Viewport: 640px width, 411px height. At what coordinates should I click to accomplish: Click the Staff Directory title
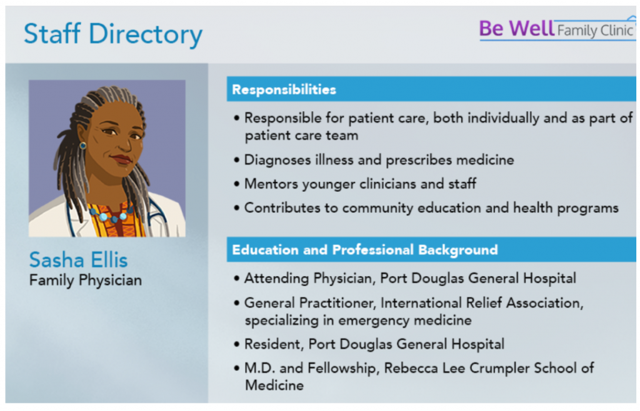[113, 34]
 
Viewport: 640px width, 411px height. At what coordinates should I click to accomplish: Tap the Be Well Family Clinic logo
[557, 29]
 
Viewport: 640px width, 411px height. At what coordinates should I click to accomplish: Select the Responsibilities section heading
[284, 90]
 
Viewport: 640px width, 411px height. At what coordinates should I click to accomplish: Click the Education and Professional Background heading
[365, 250]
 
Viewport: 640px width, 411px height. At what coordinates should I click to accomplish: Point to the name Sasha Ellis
[78, 260]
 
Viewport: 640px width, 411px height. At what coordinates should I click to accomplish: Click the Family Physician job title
[85, 280]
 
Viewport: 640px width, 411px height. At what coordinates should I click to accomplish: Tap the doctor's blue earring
[83, 146]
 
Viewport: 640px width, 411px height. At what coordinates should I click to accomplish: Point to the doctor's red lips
[121, 159]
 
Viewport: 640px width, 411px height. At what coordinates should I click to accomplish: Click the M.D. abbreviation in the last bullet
[259, 368]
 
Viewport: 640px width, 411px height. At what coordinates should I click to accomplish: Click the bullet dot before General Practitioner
[237, 303]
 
